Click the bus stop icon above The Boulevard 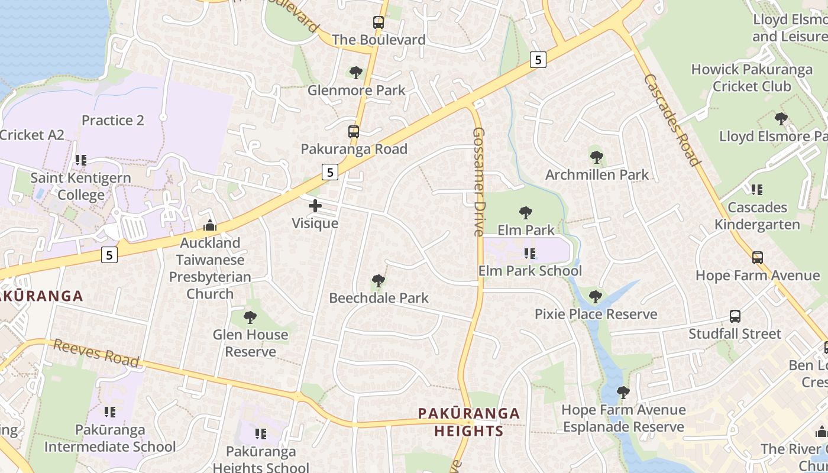379,23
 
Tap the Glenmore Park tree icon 355,73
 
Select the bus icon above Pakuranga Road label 354,131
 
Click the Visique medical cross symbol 315,206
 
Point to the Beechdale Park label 379,297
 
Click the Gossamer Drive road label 478,182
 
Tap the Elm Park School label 530,271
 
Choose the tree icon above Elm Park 525,213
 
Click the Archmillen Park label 597,174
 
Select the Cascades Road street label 672,120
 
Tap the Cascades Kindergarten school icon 757,190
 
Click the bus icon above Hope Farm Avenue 758,258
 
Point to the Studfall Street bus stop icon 735,316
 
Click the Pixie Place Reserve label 596,314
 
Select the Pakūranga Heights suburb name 469,422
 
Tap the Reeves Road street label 96,352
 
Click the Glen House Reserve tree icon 250,318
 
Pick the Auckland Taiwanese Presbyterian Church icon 210,225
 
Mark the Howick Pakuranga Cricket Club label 752,78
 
